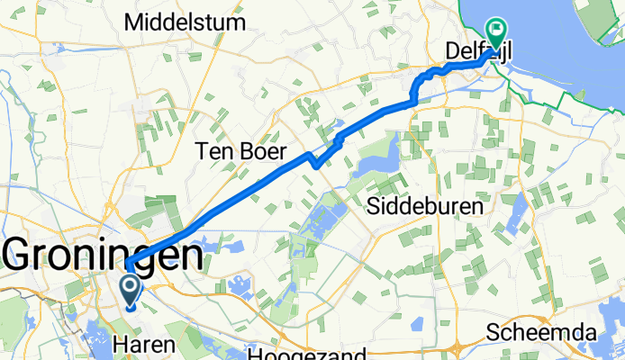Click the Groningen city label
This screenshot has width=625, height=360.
tap(104, 256)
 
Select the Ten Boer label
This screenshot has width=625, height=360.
tap(240, 151)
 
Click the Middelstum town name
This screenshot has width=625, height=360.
tap(187, 22)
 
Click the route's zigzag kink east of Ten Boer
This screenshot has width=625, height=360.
tap(312, 162)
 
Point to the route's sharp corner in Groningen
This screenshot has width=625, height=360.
tap(128, 263)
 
